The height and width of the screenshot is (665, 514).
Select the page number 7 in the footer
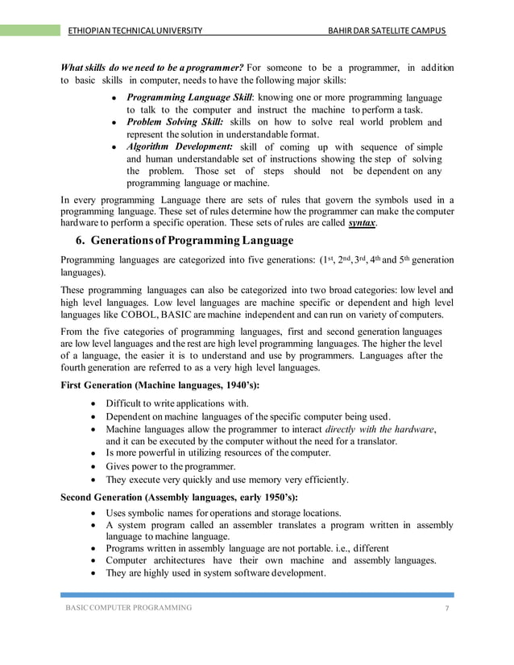446,607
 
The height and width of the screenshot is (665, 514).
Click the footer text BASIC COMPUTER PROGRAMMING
129,607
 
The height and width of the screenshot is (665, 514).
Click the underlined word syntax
362,222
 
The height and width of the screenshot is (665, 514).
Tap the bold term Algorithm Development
180,146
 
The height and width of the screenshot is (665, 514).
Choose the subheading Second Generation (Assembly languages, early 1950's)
179,497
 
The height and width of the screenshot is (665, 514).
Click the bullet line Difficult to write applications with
177,403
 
